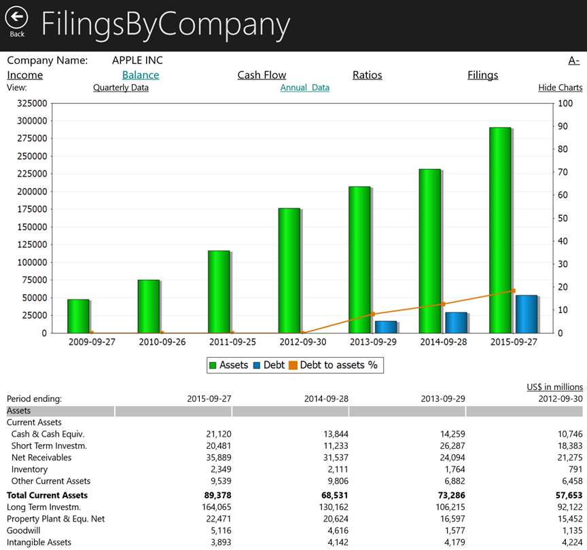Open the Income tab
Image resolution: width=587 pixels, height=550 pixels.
25,75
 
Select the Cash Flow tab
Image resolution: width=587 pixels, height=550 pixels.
262,75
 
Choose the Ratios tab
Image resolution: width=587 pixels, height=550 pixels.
367,75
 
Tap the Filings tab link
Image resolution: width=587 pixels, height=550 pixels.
482,75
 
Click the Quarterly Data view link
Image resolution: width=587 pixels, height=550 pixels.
121,88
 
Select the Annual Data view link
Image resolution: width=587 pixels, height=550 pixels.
305,88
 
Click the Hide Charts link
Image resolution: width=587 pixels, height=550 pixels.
561,88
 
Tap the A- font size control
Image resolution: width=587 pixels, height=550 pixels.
574,60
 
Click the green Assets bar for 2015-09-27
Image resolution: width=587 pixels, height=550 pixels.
499,231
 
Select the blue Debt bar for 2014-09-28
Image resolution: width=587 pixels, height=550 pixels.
456,323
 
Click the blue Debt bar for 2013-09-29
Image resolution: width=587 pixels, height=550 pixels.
386,327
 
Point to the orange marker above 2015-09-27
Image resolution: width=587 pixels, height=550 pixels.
513,291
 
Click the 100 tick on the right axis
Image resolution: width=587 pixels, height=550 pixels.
565,104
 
